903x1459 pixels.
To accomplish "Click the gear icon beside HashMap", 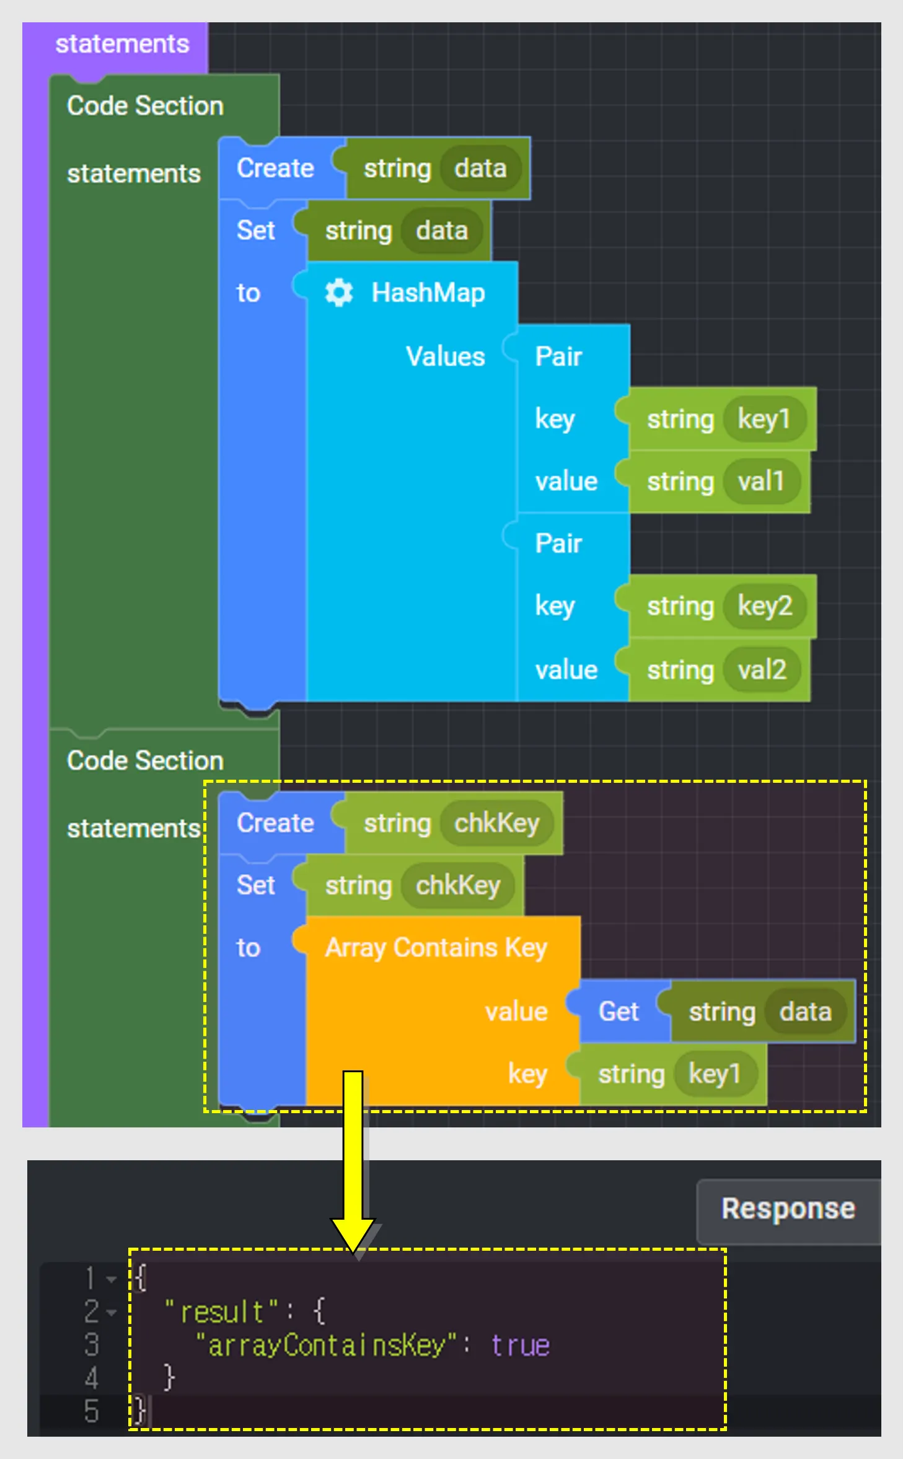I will click(x=338, y=293).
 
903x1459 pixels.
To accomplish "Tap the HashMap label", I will click(x=428, y=293).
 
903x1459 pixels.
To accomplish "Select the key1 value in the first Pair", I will click(x=764, y=420).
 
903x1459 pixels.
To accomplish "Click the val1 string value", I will click(x=760, y=482).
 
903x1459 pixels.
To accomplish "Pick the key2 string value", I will click(x=765, y=606).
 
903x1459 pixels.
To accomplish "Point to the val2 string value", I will click(x=762, y=670).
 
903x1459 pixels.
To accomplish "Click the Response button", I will click(x=788, y=1209).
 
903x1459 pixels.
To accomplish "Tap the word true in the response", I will click(x=521, y=1346).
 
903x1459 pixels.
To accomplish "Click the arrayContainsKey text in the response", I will click(x=326, y=1346).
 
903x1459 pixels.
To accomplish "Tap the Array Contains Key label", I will click(x=436, y=948).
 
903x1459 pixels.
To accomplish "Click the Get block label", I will click(x=618, y=1012).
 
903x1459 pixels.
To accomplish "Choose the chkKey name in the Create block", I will click(x=496, y=824).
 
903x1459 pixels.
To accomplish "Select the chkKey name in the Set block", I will click(x=457, y=886).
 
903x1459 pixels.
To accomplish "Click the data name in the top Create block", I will click(x=480, y=169).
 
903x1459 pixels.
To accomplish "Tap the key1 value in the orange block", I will click(x=715, y=1074).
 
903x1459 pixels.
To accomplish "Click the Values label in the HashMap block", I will click(x=445, y=357).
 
